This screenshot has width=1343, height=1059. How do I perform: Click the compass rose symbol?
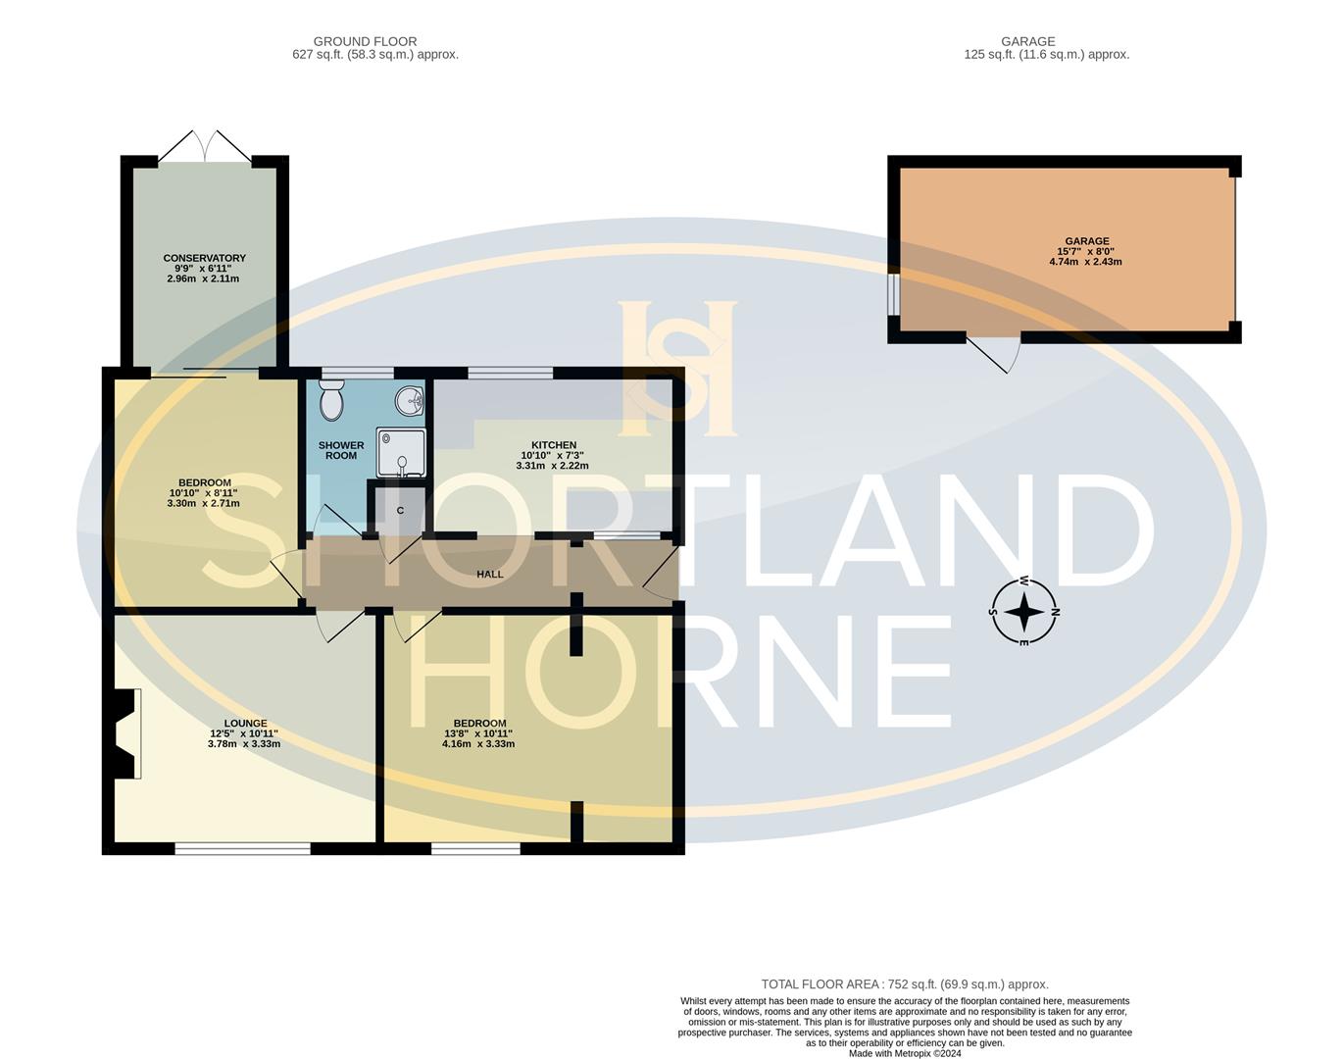(1024, 612)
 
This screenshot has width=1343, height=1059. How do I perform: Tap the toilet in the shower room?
(331, 401)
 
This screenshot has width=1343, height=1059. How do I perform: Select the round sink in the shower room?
(410, 400)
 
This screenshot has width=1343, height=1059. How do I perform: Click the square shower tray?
(401, 452)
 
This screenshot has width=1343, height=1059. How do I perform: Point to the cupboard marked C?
(400, 510)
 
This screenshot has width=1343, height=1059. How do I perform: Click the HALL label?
(489, 575)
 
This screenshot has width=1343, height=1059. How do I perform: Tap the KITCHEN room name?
(554, 445)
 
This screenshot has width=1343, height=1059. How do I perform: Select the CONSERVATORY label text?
(204, 258)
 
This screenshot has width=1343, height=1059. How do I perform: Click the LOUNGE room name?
(244, 724)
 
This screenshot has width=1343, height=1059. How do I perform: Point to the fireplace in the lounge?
(125, 734)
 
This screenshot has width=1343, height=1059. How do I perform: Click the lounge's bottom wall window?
(242, 848)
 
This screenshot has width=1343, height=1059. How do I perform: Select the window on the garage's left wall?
(893, 295)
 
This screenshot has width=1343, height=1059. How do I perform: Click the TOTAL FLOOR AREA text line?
(904, 984)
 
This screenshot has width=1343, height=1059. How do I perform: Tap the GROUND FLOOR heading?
(365, 41)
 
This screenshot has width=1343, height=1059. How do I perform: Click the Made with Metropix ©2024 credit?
(904, 1054)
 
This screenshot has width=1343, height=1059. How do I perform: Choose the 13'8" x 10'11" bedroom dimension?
(478, 733)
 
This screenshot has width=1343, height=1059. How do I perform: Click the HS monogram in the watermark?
(677, 368)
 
